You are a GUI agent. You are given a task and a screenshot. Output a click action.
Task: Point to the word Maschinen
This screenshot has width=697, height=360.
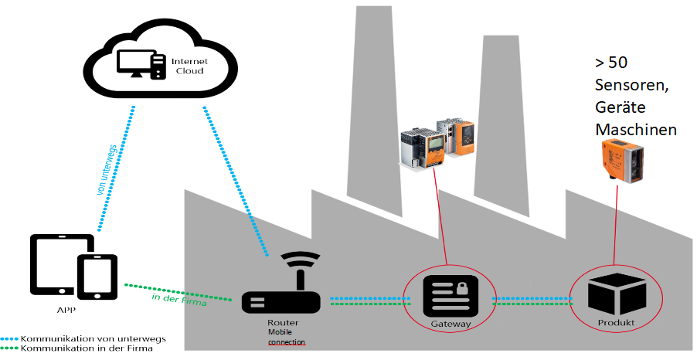pyautogui.click(x=635, y=129)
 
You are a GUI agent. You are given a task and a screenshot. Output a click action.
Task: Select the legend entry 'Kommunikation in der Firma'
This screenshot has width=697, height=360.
pyautogui.click(x=87, y=349)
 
